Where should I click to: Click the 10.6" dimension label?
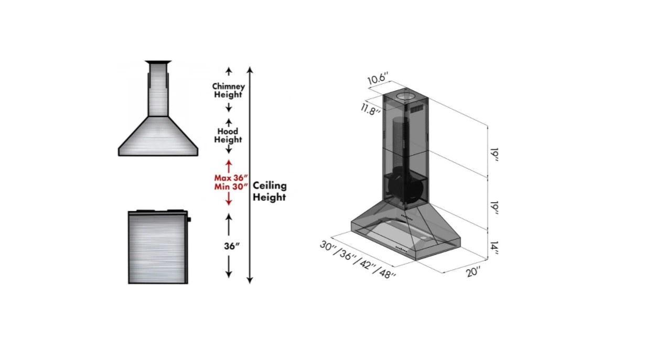click(x=378, y=78)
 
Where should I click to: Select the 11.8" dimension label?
click(x=371, y=110)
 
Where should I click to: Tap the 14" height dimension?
click(x=494, y=248)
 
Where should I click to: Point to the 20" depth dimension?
click(x=474, y=271)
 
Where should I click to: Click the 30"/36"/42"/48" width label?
click(x=358, y=259)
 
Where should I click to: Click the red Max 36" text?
click(x=231, y=178)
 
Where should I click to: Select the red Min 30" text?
click(x=231, y=187)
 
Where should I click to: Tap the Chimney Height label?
click(x=228, y=90)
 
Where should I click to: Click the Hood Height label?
click(x=228, y=135)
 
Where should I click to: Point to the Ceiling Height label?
click(x=270, y=191)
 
